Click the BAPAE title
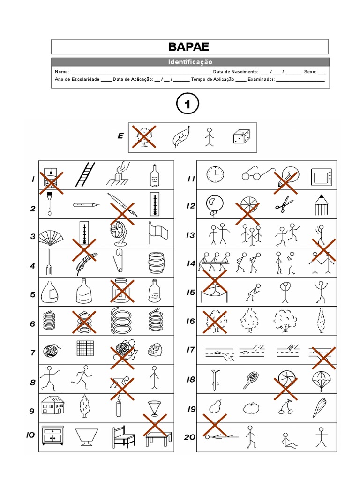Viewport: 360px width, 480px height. [x=189, y=47]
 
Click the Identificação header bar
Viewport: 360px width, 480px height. [x=190, y=62]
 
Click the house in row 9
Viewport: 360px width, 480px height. [x=52, y=405]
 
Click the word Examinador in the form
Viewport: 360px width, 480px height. [x=261, y=80]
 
